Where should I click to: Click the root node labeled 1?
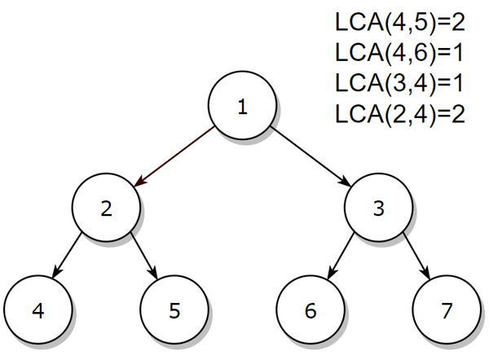click(x=242, y=108)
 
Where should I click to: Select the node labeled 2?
click(x=106, y=209)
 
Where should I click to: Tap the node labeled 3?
click(x=378, y=209)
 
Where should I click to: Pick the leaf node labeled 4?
click(x=37, y=311)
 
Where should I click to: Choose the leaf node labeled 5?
click(x=174, y=311)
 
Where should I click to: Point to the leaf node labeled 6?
click(x=311, y=311)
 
